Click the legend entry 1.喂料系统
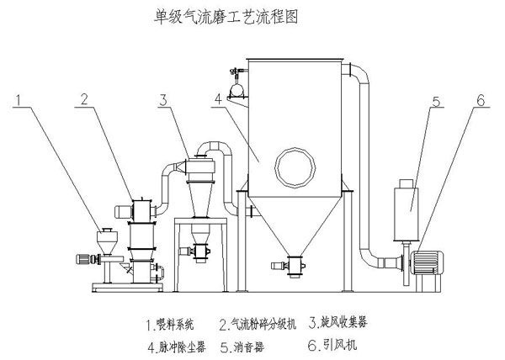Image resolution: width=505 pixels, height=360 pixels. click(x=169, y=323)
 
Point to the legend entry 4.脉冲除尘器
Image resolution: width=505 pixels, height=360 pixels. click(x=169, y=345)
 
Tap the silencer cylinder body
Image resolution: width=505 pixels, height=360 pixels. click(x=407, y=200)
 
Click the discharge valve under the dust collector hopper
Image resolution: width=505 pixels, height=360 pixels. click(x=295, y=266)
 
